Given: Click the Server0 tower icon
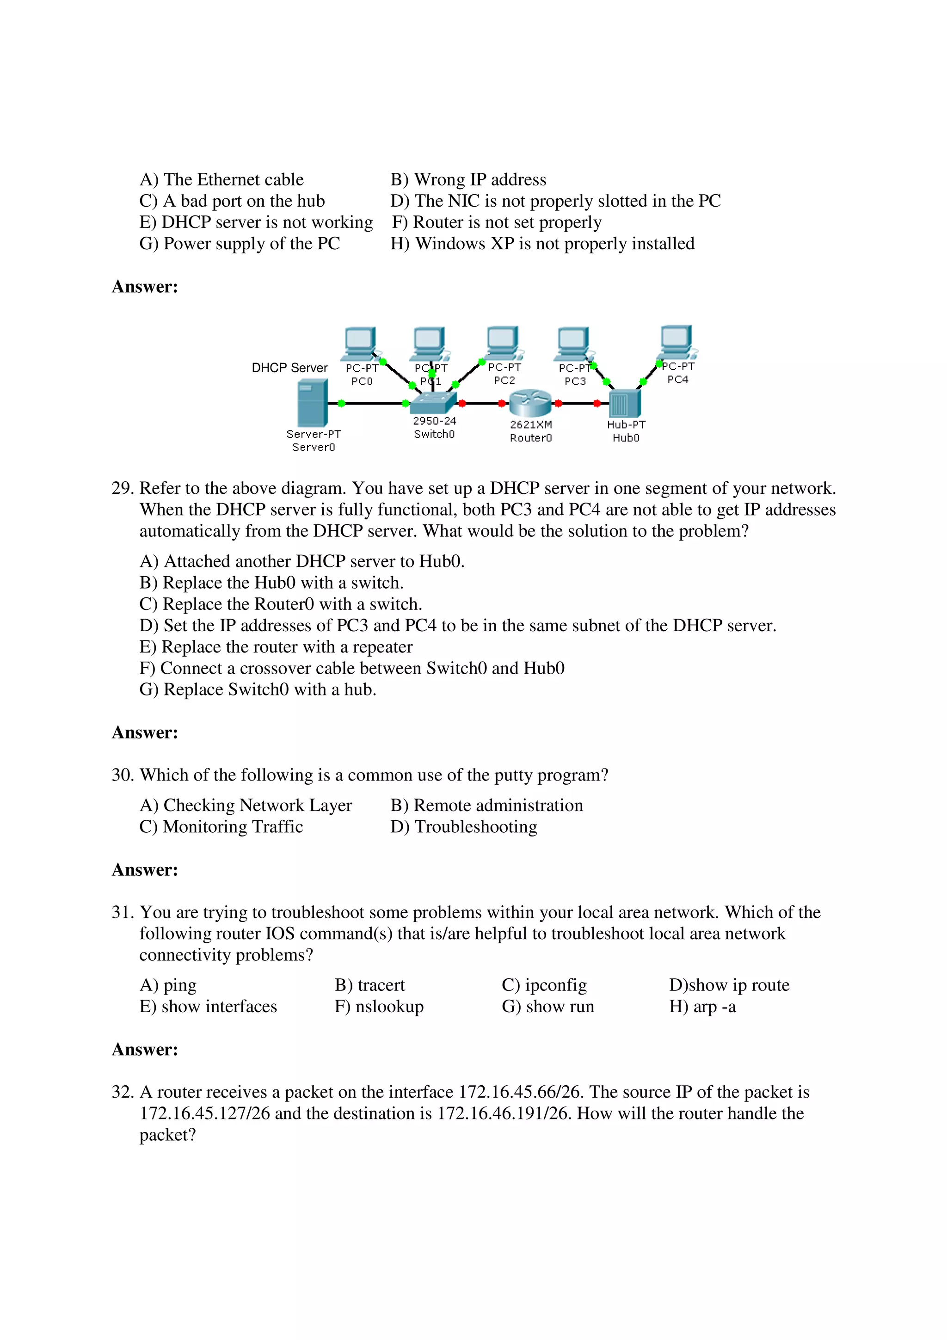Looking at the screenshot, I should tap(312, 403).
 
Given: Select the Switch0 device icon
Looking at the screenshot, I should tap(432, 402).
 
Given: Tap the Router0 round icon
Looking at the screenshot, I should tap(530, 403).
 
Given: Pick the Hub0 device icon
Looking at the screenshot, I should tap(624, 403).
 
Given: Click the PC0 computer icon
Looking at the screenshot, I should tap(360, 344).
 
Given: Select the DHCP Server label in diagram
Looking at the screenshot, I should tap(289, 368).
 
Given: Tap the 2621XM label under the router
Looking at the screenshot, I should tap(530, 425).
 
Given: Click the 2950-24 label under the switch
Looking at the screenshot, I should tap(434, 421).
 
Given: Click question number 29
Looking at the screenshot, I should tap(123, 488).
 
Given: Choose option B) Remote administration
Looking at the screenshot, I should tap(486, 805).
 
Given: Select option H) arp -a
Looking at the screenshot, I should tap(702, 1006).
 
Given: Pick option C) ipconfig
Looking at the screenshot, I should tap(544, 985).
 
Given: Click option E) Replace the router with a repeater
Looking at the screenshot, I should tap(276, 647).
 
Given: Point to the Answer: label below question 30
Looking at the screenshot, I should tap(145, 870).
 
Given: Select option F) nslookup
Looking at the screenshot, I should tap(379, 1006).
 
